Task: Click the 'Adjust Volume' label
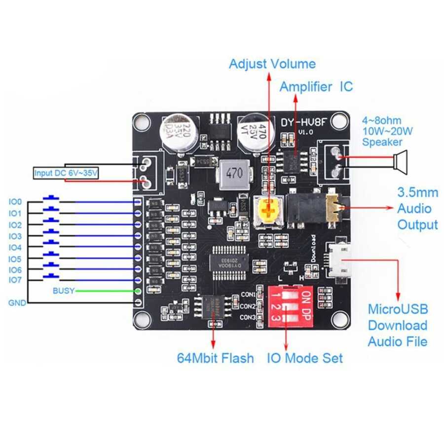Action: point(272,64)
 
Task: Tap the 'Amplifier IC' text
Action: point(316,87)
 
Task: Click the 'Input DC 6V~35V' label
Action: point(66,174)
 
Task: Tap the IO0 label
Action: point(15,202)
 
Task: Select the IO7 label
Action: point(15,280)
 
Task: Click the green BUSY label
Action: point(63,291)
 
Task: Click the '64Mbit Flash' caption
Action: point(216,358)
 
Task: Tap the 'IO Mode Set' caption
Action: point(304,358)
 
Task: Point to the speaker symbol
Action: point(401,162)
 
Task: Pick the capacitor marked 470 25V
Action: point(257,131)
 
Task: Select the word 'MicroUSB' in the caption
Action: point(398,309)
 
